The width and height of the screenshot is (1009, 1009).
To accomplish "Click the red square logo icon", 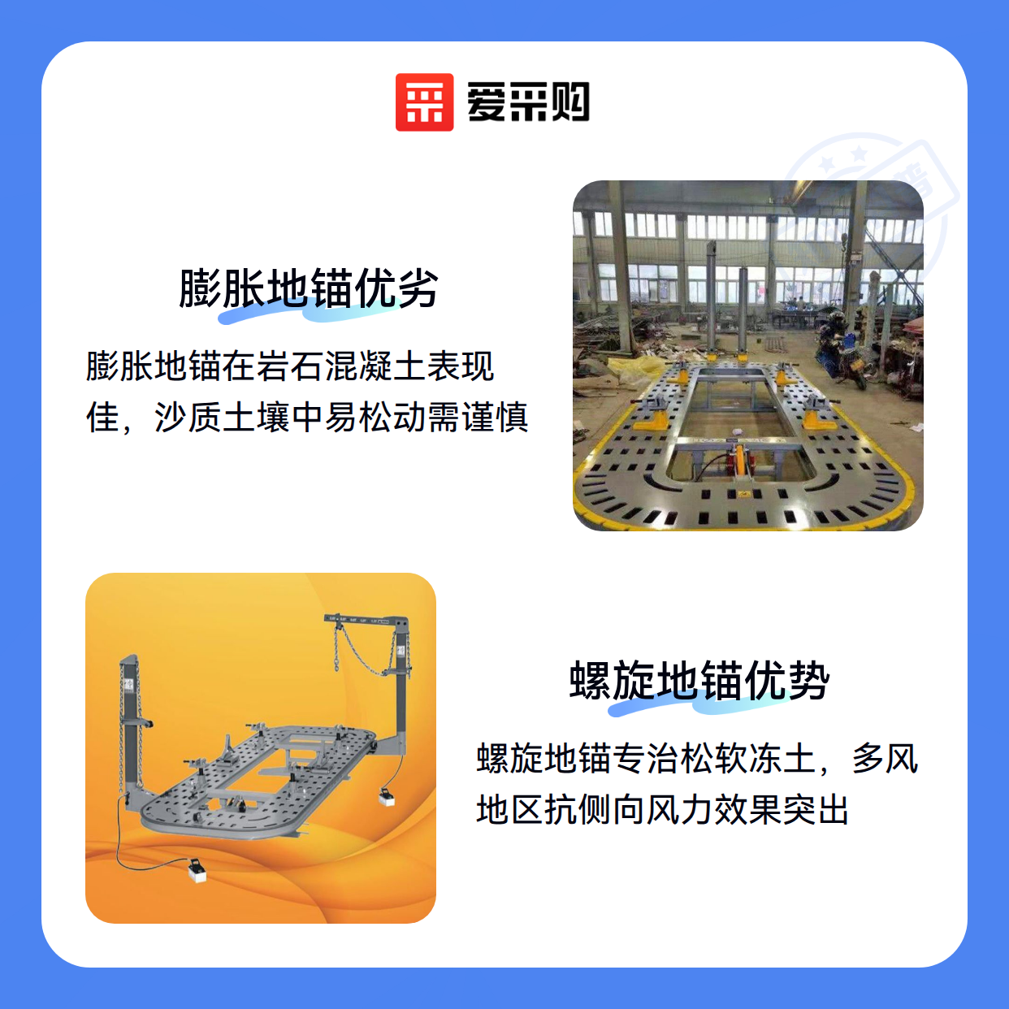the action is (424, 102).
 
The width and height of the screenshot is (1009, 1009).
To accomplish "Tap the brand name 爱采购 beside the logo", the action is (528, 102).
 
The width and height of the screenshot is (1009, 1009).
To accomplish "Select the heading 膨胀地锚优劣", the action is (309, 288).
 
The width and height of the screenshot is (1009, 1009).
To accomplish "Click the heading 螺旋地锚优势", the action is (699, 680).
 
